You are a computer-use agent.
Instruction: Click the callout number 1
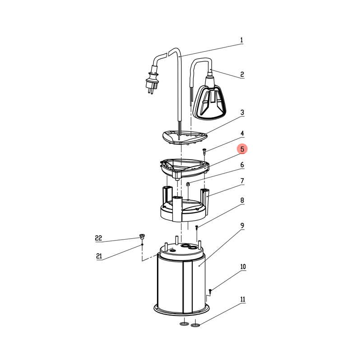click(x=241, y=40)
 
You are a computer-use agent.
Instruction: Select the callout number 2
click(x=242, y=74)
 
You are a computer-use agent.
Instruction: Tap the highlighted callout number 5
click(x=242, y=149)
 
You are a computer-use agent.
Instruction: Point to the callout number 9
click(x=242, y=226)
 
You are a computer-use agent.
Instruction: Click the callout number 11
click(x=243, y=299)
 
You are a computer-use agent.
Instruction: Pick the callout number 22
click(x=98, y=238)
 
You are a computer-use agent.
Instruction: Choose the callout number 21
click(x=99, y=256)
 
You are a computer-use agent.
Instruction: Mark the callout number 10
click(x=243, y=267)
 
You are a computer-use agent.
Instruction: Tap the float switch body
click(x=209, y=102)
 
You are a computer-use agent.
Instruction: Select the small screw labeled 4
click(x=204, y=152)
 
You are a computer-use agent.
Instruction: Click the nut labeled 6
click(x=188, y=184)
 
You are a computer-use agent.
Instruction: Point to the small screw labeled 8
click(x=197, y=228)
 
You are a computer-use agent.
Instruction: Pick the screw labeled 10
click(x=210, y=291)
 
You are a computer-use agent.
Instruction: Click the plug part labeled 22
click(x=142, y=236)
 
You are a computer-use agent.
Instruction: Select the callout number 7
click(x=242, y=181)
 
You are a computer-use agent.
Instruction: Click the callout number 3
click(x=242, y=112)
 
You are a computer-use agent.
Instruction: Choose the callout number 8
click(x=242, y=200)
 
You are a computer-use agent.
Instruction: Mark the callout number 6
click(x=242, y=165)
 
